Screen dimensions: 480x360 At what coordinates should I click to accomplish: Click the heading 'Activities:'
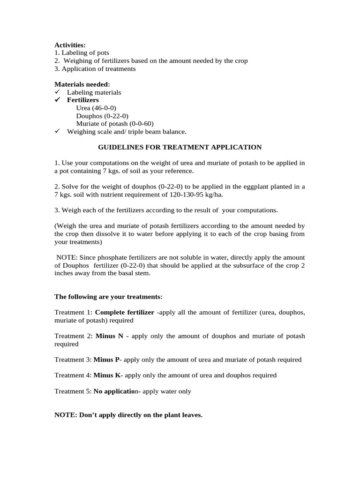70,45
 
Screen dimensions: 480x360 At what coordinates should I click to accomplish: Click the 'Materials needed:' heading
82,84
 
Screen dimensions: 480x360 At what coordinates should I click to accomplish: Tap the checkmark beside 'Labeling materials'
58,92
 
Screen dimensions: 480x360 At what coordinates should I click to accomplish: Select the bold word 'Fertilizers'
83,100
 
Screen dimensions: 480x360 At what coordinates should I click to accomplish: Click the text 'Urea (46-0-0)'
96,108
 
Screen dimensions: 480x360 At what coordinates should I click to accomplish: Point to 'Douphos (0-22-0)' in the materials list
102,116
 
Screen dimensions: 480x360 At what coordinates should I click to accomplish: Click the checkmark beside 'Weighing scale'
58,132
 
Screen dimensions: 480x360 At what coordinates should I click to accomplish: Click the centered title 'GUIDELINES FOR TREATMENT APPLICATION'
180,147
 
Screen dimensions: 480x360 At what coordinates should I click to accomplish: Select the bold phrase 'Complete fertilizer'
125,313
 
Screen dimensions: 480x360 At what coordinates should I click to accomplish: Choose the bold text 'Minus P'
107,360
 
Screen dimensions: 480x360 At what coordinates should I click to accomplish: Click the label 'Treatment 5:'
73,391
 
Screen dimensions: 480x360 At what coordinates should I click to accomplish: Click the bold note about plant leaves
128,415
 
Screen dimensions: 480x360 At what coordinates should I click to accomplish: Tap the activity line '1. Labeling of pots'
82,53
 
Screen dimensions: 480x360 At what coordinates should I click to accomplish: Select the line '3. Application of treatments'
95,69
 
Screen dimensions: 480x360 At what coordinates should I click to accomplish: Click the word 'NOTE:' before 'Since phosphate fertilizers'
67,258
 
